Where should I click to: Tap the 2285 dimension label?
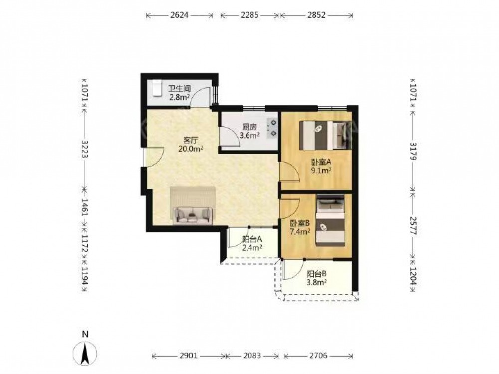coord(249,15)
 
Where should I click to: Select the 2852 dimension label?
coord(316,15)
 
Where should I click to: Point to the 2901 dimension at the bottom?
coord(189,355)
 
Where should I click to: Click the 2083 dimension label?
coord(251,355)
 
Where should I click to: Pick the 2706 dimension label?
coord(318,355)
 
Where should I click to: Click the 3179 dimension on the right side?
coord(413,151)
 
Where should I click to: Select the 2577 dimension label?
coord(413,226)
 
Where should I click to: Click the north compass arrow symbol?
coord(85,353)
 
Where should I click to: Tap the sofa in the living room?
coord(193,215)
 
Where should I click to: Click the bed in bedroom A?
coord(324,135)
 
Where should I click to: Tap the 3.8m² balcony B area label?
coord(317,282)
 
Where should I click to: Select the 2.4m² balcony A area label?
coord(252,247)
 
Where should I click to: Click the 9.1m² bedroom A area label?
coord(321,171)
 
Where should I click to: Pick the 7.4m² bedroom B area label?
coord(300,232)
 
